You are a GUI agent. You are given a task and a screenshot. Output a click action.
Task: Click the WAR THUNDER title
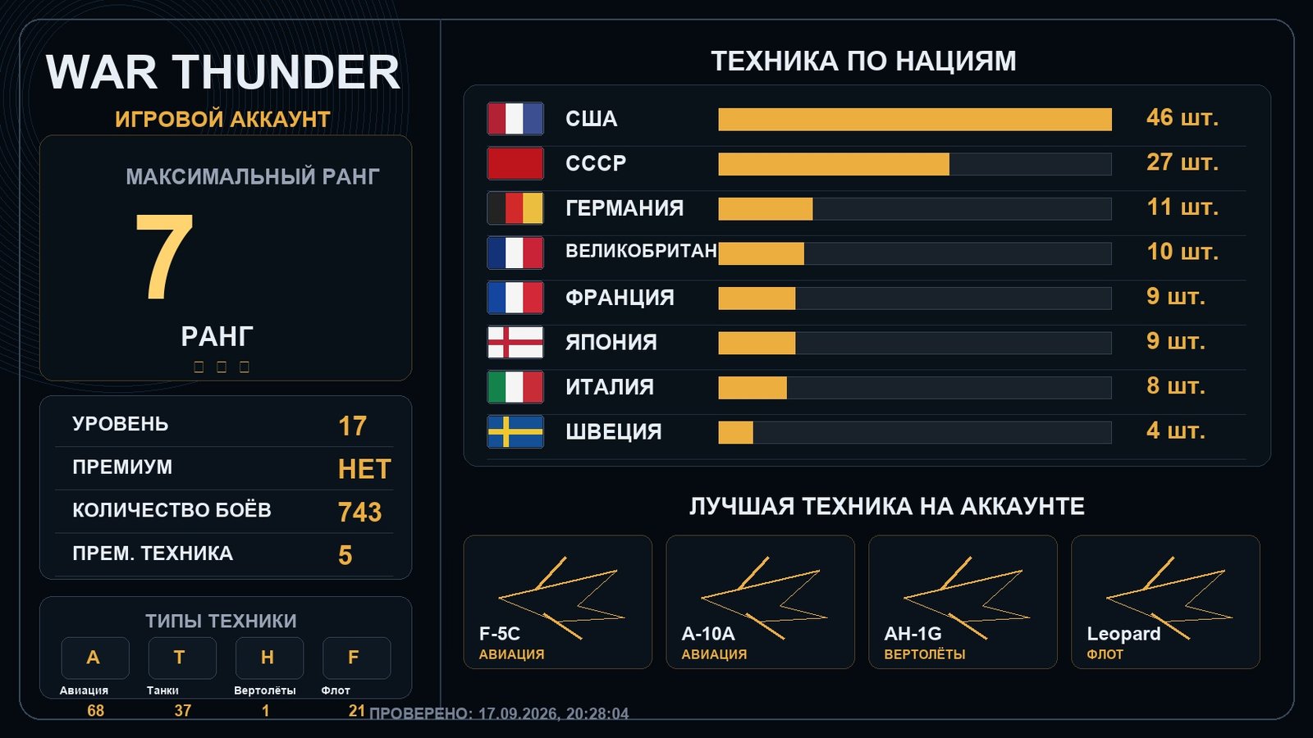click(222, 72)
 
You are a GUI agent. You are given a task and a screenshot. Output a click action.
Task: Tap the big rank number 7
click(164, 255)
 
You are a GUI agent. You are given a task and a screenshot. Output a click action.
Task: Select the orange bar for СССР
click(834, 164)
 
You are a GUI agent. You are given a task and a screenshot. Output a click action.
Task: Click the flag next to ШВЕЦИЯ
click(515, 431)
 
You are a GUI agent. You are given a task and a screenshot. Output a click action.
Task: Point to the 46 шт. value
click(1183, 118)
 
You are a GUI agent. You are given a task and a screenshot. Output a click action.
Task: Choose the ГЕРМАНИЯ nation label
click(624, 208)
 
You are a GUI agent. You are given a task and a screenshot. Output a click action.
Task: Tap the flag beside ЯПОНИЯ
click(515, 342)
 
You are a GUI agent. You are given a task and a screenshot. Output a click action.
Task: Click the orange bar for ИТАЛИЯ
click(753, 388)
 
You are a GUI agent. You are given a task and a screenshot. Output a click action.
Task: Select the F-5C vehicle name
click(500, 634)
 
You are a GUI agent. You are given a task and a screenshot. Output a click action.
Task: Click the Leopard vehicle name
click(1123, 634)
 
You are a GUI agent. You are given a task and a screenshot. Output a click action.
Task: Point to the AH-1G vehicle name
click(913, 634)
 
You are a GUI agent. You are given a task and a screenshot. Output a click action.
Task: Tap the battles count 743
click(360, 512)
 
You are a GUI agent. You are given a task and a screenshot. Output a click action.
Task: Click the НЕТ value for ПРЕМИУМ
click(364, 469)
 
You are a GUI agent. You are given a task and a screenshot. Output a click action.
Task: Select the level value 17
click(352, 426)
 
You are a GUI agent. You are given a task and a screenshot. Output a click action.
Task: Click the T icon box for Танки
click(182, 658)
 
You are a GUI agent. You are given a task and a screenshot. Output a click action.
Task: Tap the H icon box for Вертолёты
click(270, 658)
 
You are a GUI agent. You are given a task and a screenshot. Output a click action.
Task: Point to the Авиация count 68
click(95, 710)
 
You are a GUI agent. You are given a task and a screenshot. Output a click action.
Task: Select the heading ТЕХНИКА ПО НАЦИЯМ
click(863, 61)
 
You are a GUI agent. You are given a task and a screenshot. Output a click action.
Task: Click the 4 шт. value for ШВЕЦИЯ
click(1176, 431)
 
